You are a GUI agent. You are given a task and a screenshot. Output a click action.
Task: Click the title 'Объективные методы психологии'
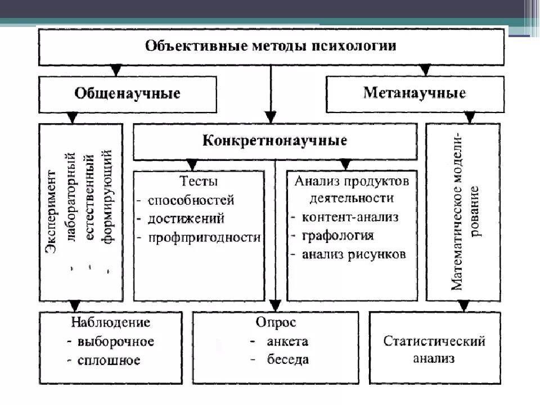[x=271, y=46]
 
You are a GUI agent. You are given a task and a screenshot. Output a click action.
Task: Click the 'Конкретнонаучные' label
[x=274, y=141]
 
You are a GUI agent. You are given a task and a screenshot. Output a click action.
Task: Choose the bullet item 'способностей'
[x=191, y=200]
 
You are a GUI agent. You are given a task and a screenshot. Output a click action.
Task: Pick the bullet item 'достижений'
[x=187, y=218]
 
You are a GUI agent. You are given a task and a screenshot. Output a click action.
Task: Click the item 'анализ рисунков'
[x=353, y=254]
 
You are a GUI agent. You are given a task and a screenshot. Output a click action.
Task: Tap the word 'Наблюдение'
[x=111, y=323]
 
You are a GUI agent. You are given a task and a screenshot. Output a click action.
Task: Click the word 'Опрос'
[x=276, y=323]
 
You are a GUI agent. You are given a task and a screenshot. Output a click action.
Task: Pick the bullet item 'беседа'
[x=288, y=360]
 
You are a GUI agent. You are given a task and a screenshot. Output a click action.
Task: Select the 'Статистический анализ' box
[x=434, y=349]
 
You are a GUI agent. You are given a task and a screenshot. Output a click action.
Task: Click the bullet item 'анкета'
[x=287, y=341]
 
